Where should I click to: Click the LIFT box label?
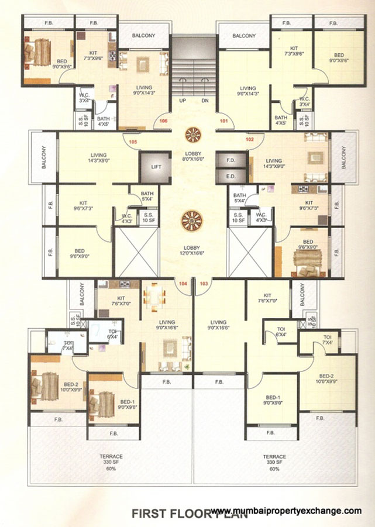156,167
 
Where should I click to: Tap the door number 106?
164,121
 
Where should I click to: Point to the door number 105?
133,142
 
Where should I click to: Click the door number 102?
250,140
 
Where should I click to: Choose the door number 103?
204,283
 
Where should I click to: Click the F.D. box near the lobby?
230,159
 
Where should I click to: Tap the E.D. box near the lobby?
230,175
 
